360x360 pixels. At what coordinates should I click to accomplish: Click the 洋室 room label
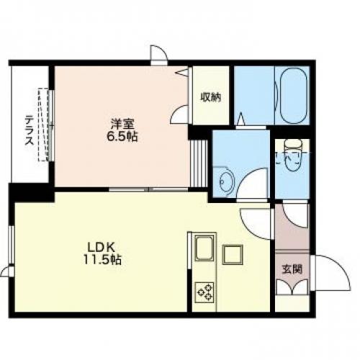point(122,124)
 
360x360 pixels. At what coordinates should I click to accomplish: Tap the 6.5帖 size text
point(122,137)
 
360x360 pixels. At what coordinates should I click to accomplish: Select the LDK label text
point(102,246)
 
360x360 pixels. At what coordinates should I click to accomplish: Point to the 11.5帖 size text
point(102,259)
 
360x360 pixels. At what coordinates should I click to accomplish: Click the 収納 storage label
point(211,97)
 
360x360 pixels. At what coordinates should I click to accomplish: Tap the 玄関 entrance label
point(292,269)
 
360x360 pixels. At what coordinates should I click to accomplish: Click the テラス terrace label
point(30,130)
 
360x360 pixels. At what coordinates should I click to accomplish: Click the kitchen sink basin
point(204,248)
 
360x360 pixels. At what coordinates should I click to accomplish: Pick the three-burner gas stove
point(204,292)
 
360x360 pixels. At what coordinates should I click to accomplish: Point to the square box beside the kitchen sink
point(233,254)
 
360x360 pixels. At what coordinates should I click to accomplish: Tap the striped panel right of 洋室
point(199,163)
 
